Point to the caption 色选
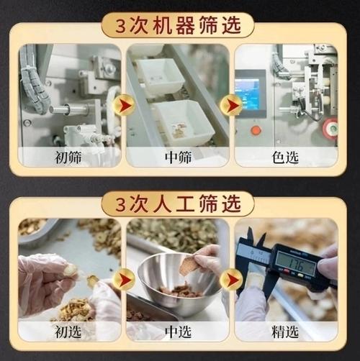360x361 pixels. tap(286, 157)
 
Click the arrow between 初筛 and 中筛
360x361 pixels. tap(123, 106)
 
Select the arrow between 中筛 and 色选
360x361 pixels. tap(232, 106)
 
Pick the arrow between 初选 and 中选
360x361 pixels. tap(123, 279)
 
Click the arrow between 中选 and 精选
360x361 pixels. tap(232, 279)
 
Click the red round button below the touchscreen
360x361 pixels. tap(256, 130)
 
